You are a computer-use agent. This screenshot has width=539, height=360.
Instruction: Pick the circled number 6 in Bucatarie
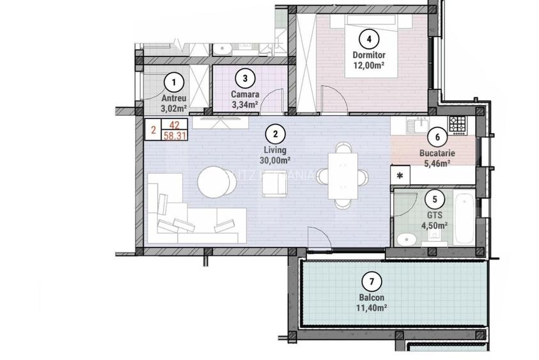pyautogui.click(x=437, y=136)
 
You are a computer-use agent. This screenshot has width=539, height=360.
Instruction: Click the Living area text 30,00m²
pyautogui.click(x=275, y=160)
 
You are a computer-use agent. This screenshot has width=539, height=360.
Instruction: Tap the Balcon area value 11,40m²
pyautogui.click(x=371, y=308)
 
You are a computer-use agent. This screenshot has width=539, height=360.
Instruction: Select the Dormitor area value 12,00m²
pyautogui.click(x=368, y=73)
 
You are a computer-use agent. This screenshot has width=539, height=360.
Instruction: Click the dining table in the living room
pyautogui.click(x=343, y=176)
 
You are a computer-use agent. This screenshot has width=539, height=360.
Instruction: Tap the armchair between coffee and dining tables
pyautogui.click(x=276, y=185)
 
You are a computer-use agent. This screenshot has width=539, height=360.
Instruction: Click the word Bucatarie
pyautogui.click(x=437, y=154)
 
